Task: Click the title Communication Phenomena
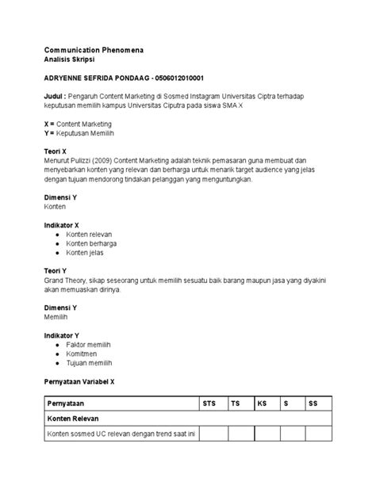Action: [94, 50]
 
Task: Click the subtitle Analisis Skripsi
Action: [71, 60]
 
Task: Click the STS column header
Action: [209, 403]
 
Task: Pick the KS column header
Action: [262, 403]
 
